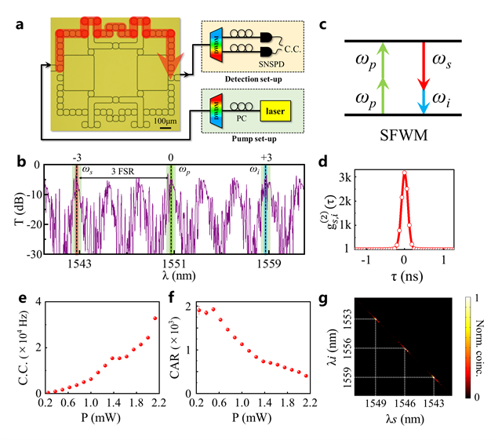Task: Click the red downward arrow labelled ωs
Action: (424, 76)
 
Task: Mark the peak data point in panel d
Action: (404, 173)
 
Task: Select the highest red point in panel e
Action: (155, 318)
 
